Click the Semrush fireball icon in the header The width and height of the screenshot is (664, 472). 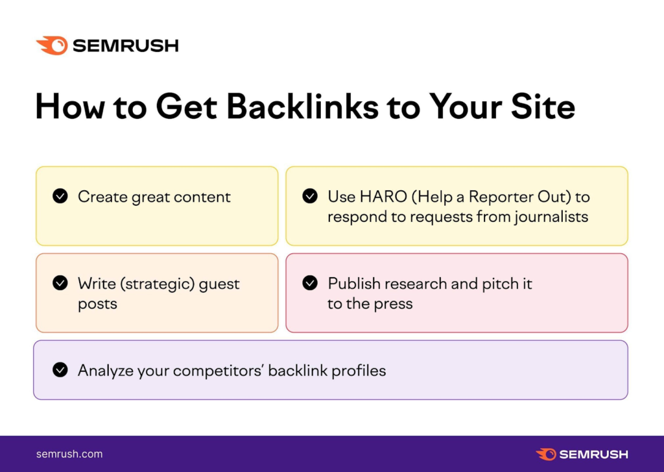coord(51,45)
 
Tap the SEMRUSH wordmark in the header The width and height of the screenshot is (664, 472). coord(125,46)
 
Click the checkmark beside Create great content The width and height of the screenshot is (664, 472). coord(60,196)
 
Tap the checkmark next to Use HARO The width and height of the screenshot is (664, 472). coord(310,196)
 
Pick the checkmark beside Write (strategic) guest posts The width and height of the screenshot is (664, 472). coord(60,283)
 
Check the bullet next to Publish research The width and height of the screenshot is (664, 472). coord(310,283)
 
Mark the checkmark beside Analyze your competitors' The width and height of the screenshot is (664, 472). coord(60,370)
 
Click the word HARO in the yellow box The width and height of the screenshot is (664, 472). coord(375,197)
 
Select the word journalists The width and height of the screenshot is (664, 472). coord(551,216)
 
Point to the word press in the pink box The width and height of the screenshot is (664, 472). coord(393,304)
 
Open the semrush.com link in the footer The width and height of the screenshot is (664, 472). coord(69,454)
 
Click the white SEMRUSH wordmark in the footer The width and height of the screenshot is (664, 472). coord(593,454)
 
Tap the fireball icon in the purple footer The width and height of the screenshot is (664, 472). coord(545,454)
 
